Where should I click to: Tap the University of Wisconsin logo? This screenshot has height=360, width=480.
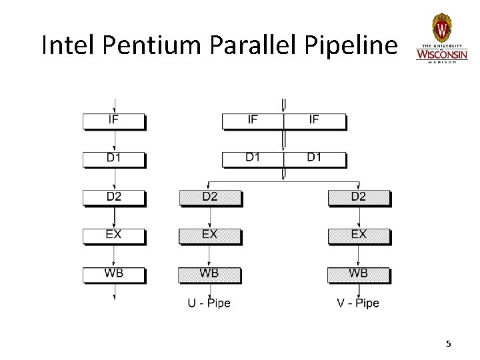441,39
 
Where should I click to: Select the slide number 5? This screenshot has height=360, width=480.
448,343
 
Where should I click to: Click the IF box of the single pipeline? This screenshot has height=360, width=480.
114,121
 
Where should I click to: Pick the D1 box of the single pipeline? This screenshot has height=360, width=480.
114,159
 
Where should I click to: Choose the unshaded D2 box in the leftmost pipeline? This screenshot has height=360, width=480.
114,197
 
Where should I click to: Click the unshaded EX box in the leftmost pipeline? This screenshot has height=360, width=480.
114,235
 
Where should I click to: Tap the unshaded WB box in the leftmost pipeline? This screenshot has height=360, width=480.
114,274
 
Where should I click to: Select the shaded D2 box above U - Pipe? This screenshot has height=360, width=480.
210,197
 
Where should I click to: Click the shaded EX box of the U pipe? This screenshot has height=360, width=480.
210,235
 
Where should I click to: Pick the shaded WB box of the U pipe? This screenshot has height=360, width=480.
210,274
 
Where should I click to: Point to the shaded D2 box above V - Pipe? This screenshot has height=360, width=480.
359,197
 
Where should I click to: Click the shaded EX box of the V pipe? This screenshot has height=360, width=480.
359,235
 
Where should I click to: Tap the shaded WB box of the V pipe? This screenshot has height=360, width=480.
359,274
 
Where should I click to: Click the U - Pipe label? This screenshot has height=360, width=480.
209,303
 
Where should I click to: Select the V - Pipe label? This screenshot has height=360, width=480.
358,303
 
